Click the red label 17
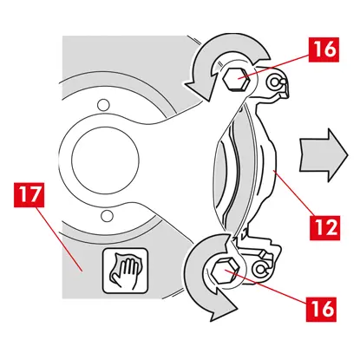coord(29,194)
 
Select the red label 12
coord(324,227)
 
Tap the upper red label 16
coord(324,49)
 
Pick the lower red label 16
coord(321,309)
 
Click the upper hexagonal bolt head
coord(236,79)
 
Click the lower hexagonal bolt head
coord(225,271)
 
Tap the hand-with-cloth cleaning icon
coord(125,271)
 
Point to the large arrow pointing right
coord(324,155)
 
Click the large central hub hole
coord(106,160)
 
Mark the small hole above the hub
coord(103,104)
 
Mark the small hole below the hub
coord(107,215)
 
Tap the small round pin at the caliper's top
coord(274,82)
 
